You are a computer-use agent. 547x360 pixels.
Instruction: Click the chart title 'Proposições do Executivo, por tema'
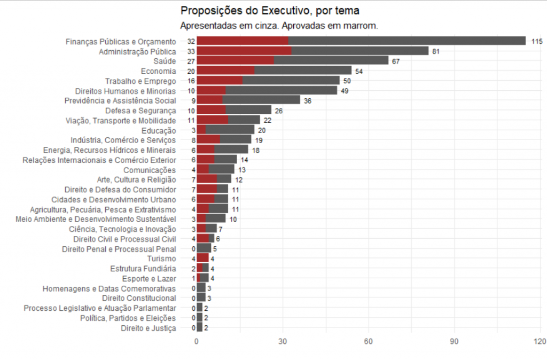270,11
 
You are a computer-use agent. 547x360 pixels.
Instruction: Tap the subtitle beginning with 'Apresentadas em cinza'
279,26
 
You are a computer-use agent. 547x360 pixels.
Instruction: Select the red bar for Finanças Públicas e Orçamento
243,41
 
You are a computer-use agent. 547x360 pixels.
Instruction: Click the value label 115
536,41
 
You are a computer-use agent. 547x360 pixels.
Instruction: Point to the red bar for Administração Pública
244,51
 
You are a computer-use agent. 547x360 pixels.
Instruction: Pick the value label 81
436,51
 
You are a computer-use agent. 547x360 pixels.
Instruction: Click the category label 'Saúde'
165,61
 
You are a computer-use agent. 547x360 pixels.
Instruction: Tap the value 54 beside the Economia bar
358,71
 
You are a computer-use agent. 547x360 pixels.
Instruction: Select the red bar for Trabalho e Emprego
220,81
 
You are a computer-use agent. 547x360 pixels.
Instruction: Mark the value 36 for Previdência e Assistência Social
307,101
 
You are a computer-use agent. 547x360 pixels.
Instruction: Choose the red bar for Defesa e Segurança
211,111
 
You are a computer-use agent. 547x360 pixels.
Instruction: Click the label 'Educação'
159,130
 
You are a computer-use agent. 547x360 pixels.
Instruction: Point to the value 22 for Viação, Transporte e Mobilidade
267,121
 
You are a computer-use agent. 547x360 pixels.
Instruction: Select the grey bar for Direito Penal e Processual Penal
204,249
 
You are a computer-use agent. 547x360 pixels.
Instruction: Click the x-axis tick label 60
368,341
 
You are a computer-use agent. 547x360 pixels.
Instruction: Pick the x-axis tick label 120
540,341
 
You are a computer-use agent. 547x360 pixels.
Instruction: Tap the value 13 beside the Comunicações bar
241,170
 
